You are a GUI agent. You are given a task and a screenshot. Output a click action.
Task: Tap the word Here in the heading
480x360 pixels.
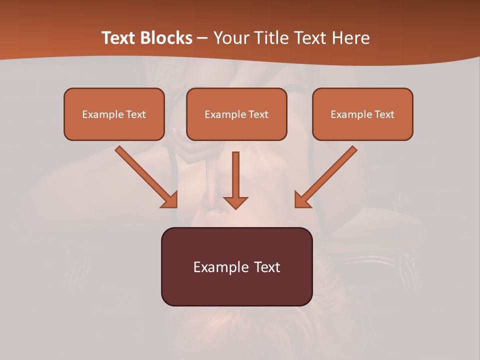click(x=349, y=38)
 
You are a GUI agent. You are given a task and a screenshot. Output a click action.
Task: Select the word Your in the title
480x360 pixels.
click(x=229, y=38)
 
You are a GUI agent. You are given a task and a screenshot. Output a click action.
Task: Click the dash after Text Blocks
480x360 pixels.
click(x=202, y=38)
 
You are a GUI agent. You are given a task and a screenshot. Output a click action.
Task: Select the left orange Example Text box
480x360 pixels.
click(x=114, y=114)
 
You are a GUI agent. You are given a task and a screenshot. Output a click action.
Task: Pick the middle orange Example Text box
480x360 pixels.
click(x=236, y=114)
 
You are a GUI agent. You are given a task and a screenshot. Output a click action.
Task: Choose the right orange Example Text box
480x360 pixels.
click(x=362, y=114)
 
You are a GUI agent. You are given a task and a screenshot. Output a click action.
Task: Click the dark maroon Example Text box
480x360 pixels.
click(x=236, y=266)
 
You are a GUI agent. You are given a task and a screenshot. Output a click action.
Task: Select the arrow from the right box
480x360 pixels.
click(x=327, y=175)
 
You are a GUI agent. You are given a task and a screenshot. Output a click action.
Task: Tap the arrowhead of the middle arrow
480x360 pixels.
click(x=235, y=201)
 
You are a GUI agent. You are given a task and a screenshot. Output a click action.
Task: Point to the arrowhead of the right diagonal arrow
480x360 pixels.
click(x=302, y=200)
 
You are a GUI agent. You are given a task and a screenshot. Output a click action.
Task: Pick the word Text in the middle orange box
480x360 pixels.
click(x=258, y=114)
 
